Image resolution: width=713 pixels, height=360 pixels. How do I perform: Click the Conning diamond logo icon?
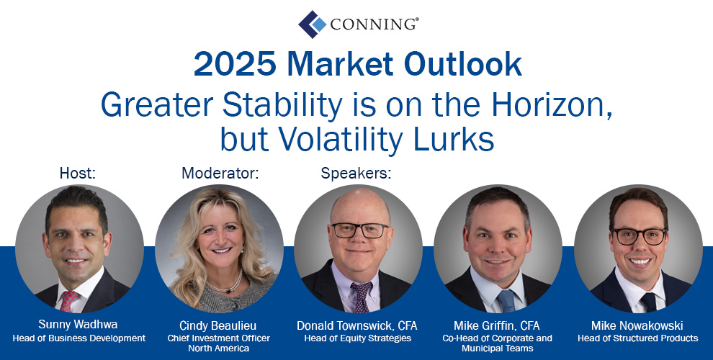[313, 24]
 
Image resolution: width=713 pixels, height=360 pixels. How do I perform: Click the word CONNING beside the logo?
[375, 24]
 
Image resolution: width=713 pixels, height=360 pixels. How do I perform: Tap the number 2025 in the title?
[235, 64]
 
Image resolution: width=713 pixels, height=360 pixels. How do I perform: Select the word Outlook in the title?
[462, 64]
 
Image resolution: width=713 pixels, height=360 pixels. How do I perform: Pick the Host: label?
[78, 174]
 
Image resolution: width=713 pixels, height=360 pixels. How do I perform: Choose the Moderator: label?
[220, 174]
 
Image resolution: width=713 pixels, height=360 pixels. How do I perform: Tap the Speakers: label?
[356, 174]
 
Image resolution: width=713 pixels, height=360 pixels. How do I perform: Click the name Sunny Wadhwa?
[78, 325]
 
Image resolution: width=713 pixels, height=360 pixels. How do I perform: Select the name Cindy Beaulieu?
[218, 325]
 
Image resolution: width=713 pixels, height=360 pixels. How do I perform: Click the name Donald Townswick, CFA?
[357, 325]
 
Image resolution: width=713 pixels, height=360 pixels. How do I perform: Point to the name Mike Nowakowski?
[637, 325]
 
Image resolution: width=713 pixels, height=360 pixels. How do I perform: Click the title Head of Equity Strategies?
[357, 338]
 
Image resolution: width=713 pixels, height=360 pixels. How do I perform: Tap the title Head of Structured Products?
[637, 338]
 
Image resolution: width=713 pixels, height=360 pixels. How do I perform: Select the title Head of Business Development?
[79, 338]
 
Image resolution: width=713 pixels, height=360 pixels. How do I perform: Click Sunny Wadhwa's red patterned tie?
[68, 301]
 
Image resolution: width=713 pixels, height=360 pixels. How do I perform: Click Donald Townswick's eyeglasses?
[359, 230]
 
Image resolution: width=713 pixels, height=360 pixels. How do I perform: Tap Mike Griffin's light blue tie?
[506, 300]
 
